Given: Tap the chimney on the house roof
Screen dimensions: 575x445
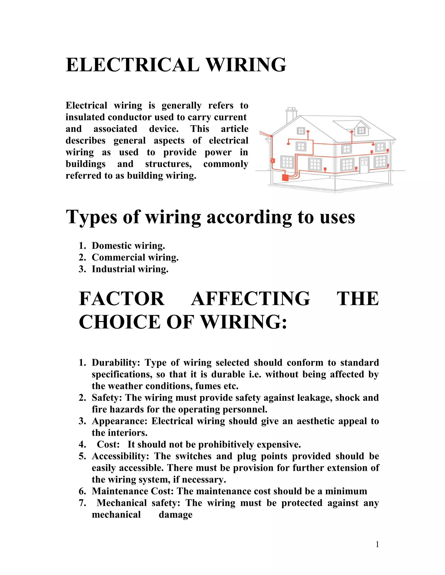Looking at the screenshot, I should point(292,115).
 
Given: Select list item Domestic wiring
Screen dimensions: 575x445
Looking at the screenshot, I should point(128,246).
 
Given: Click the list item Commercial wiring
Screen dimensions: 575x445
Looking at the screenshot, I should point(135,257).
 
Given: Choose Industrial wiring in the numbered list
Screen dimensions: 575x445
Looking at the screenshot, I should point(130,269).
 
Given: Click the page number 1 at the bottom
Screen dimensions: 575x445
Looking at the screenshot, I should point(377,544).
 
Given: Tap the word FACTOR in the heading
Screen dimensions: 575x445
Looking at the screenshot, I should point(121,299).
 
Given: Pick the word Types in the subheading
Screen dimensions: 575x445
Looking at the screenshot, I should point(91,217).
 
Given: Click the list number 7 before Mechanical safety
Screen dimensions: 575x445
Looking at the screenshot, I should point(82,503).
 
